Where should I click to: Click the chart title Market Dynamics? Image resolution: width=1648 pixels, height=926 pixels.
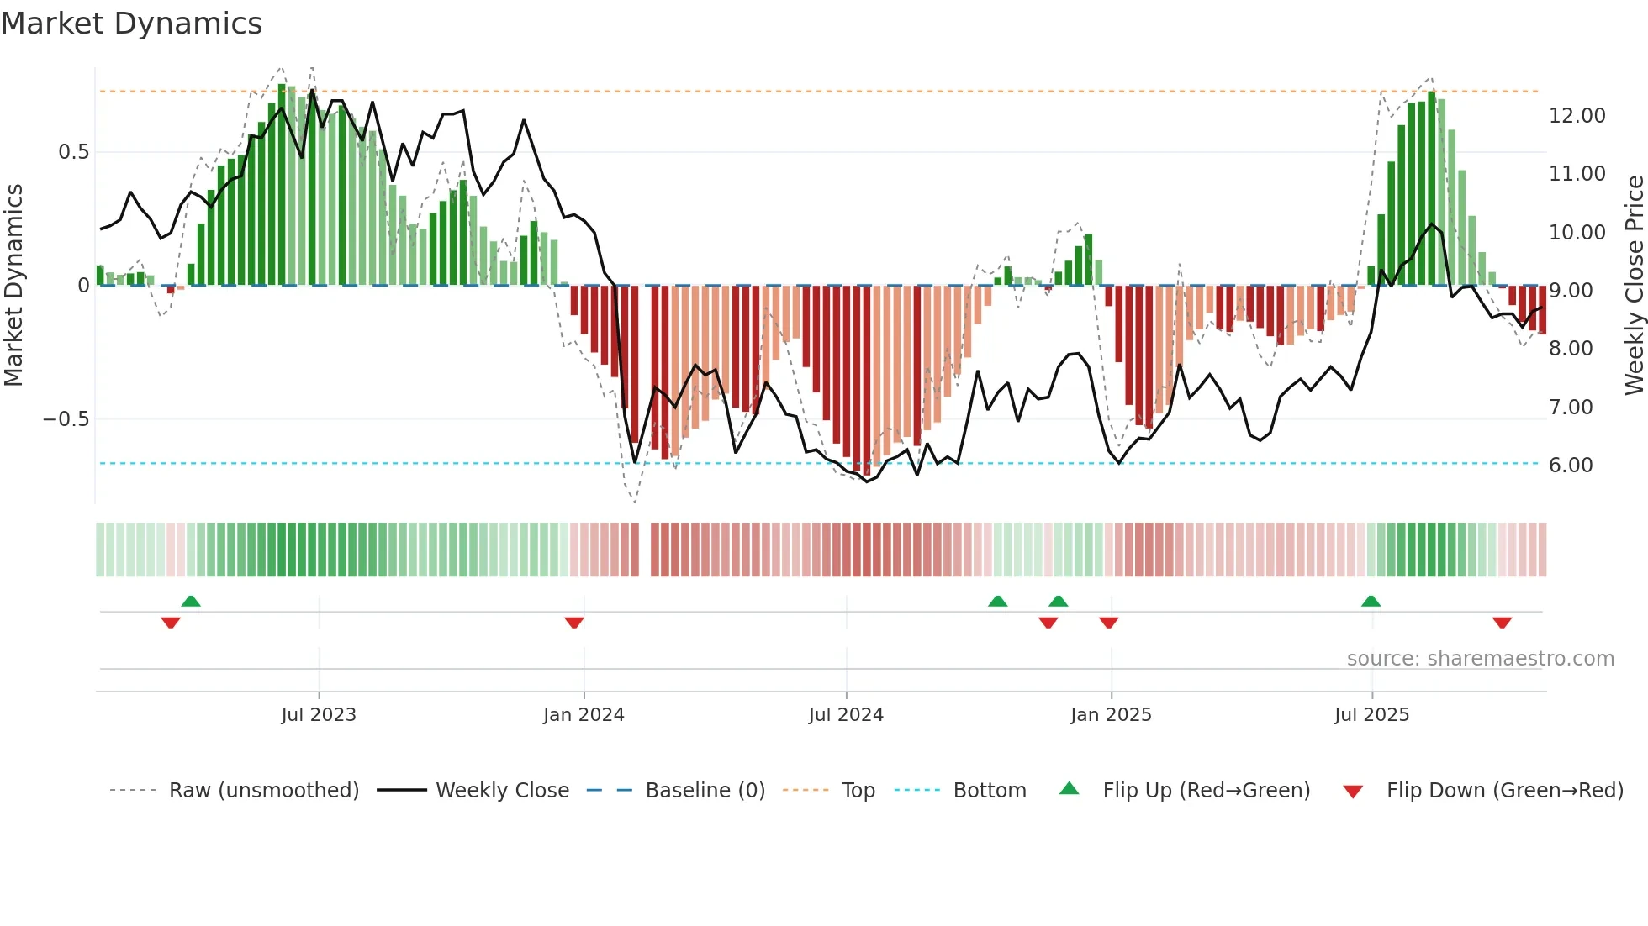pos(131,24)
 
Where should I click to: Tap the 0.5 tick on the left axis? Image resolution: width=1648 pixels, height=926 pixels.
pos(73,152)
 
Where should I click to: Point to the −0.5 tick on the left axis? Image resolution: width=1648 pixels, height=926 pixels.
pos(66,419)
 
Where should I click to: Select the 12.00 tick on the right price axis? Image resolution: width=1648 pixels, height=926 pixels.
pos(1577,116)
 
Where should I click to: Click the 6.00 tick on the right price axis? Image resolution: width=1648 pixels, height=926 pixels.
pos(1571,466)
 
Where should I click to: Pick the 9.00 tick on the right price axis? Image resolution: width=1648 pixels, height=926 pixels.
pos(1571,291)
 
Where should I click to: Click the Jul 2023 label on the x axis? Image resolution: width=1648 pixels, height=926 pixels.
pos(319,715)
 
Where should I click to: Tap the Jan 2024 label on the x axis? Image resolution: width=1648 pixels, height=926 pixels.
pos(584,715)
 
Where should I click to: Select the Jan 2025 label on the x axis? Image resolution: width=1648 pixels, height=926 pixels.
pos(1111,715)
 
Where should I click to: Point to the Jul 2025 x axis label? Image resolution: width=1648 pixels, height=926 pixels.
pos(1371,715)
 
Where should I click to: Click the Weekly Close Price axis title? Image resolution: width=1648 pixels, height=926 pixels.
pos(1634,286)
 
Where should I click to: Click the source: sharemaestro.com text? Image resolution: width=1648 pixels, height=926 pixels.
pos(1480,659)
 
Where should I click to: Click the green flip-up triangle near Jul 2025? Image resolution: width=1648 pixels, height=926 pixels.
pos(1371,601)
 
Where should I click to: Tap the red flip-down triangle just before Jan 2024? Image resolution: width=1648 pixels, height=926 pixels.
pos(574,623)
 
